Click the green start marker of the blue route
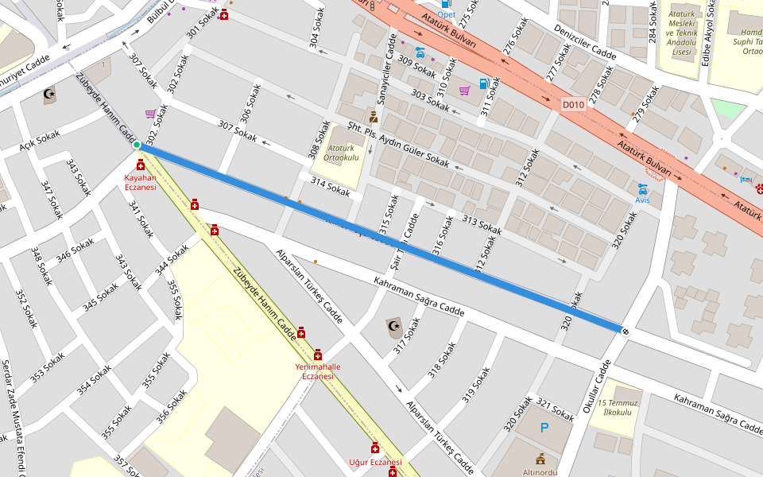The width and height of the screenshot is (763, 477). coord(137,145)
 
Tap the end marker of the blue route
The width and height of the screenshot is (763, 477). coord(626,330)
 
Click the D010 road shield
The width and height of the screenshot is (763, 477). coord(573,104)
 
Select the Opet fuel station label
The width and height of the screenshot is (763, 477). coord(446,14)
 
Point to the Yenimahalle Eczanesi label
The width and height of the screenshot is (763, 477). coord(317,371)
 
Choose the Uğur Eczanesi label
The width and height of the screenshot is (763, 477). coord(375,462)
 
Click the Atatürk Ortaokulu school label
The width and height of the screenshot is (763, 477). coord(341,152)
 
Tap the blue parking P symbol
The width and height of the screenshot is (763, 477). coord(544,428)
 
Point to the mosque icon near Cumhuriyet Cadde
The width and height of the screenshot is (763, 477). coord(50,95)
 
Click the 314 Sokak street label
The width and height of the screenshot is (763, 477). coord(331,188)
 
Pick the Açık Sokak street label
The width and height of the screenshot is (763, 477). coord(40,140)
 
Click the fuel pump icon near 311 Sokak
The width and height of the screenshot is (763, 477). coord(483,83)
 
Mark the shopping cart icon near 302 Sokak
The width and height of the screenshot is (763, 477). coord(150,114)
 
